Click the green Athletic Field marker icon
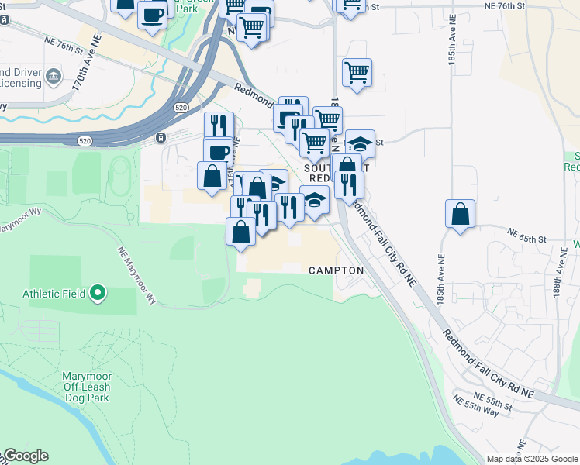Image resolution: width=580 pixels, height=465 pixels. pyautogui.click(x=98, y=293)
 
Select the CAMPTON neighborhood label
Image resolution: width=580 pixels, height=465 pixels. pyautogui.click(x=336, y=270)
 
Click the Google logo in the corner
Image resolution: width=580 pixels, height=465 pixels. pyautogui.click(x=26, y=456)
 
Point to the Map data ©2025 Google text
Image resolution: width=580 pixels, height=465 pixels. pyautogui.click(x=533, y=459)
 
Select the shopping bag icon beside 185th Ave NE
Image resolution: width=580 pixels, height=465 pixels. pyautogui.click(x=461, y=213)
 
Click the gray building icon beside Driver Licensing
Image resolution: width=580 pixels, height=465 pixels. pyautogui.click(x=53, y=76)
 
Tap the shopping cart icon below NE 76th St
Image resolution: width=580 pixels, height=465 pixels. pyautogui.click(x=357, y=74)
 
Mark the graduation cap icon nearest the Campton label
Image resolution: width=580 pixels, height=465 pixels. pyautogui.click(x=315, y=199)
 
